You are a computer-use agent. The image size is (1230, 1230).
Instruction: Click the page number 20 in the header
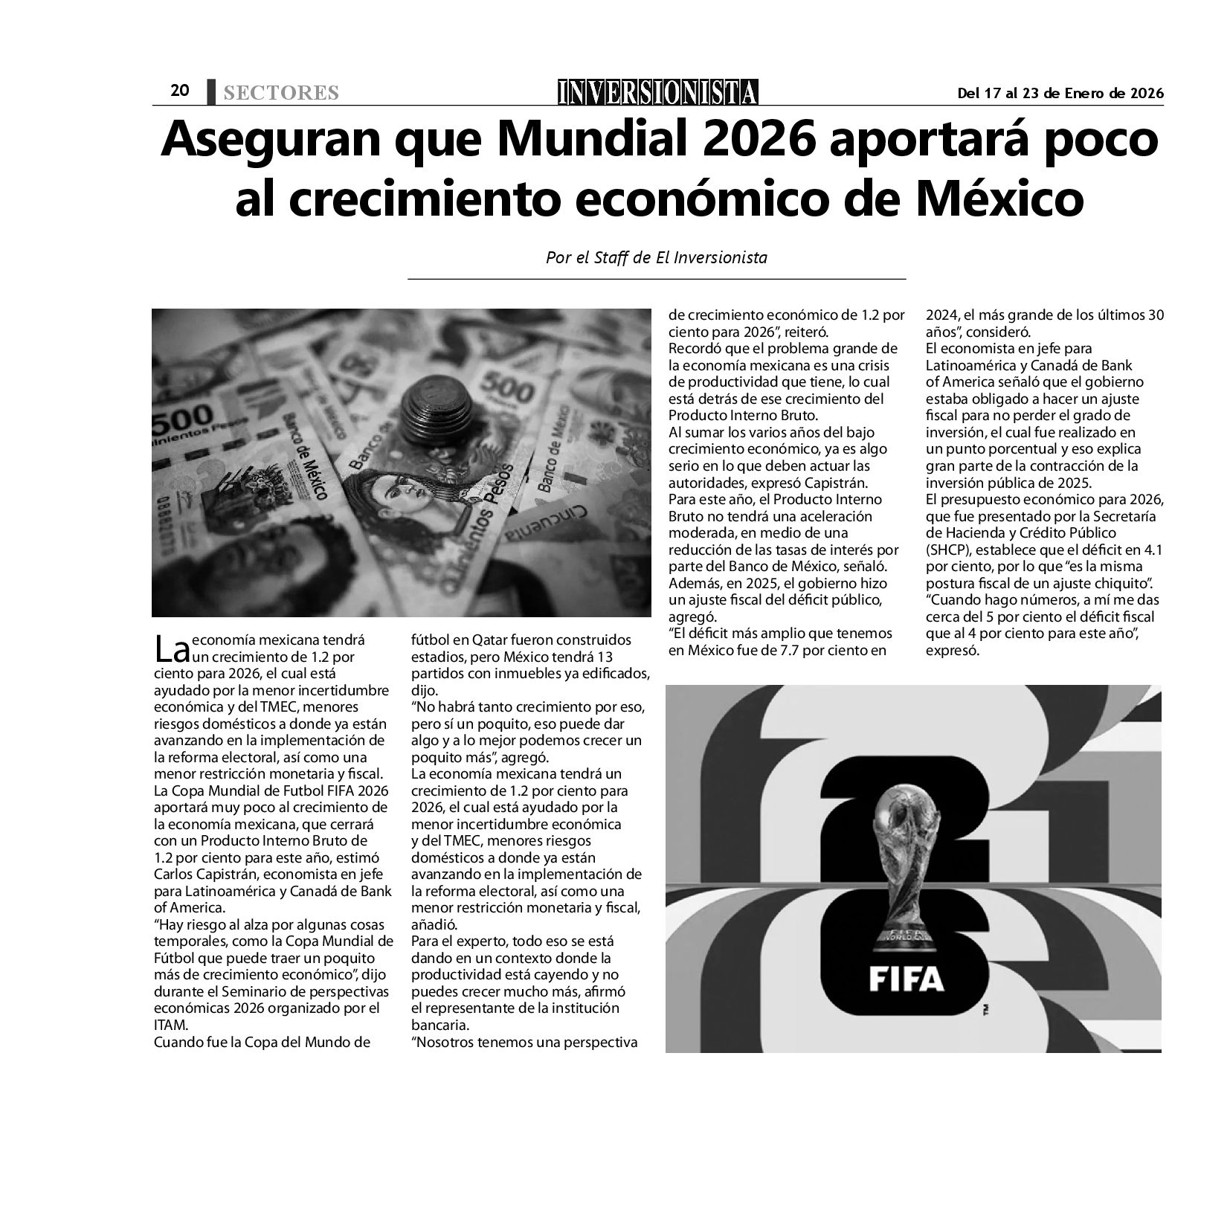click(x=180, y=91)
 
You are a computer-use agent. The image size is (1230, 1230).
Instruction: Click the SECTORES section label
click(x=281, y=93)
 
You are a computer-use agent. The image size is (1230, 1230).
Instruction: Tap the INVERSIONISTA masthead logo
click(x=658, y=92)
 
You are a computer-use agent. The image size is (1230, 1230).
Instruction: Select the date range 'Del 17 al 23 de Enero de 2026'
click(x=1060, y=93)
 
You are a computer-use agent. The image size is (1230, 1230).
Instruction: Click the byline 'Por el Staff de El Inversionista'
click(x=657, y=258)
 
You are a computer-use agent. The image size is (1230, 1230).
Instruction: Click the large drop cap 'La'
click(x=172, y=648)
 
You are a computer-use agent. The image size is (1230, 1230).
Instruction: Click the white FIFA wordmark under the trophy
click(x=907, y=979)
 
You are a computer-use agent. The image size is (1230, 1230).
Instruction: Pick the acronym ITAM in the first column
click(x=170, y=1025)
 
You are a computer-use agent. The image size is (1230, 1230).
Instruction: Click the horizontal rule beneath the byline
click(x=657, y=279)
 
